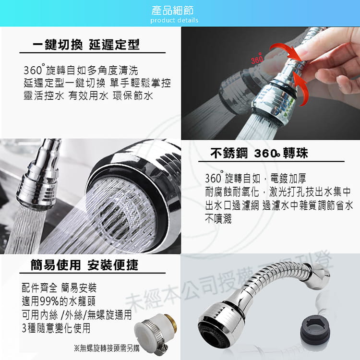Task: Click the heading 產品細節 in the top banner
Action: (x=172, y=11)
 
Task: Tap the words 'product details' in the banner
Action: (x=174, y=20)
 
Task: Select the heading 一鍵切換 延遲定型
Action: (x=86, y=44)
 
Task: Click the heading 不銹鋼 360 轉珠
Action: (x=259, y=153)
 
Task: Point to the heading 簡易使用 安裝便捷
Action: (x=84, y=265)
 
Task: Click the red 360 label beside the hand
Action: (x=257, y=59)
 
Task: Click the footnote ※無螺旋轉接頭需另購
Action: (x=107, y=348)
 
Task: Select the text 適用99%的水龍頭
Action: (x=59, y=301)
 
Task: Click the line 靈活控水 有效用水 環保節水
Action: (x=88, y=96)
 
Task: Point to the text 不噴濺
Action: (x=218, y=218)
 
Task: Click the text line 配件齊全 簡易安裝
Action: (x=59, y=288)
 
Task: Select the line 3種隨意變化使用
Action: (x=56, y=328)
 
